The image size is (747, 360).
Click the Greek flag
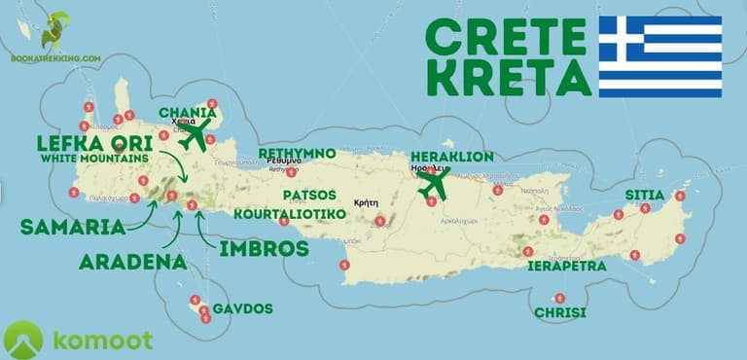(659, 56)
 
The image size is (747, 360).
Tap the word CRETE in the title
(506, 38)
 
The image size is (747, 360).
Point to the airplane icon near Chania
(197, 135)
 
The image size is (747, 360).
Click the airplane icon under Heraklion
(433, 182)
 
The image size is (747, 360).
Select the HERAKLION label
(452, 157)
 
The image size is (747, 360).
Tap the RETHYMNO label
(297, 154)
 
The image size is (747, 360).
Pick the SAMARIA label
(73, 227)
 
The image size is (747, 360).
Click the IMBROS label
(262, 248)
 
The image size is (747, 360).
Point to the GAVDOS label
(242, 309)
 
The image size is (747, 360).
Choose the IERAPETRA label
(567, 266)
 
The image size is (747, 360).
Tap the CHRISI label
(560, 312)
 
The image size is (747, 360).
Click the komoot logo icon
(22, 340)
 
